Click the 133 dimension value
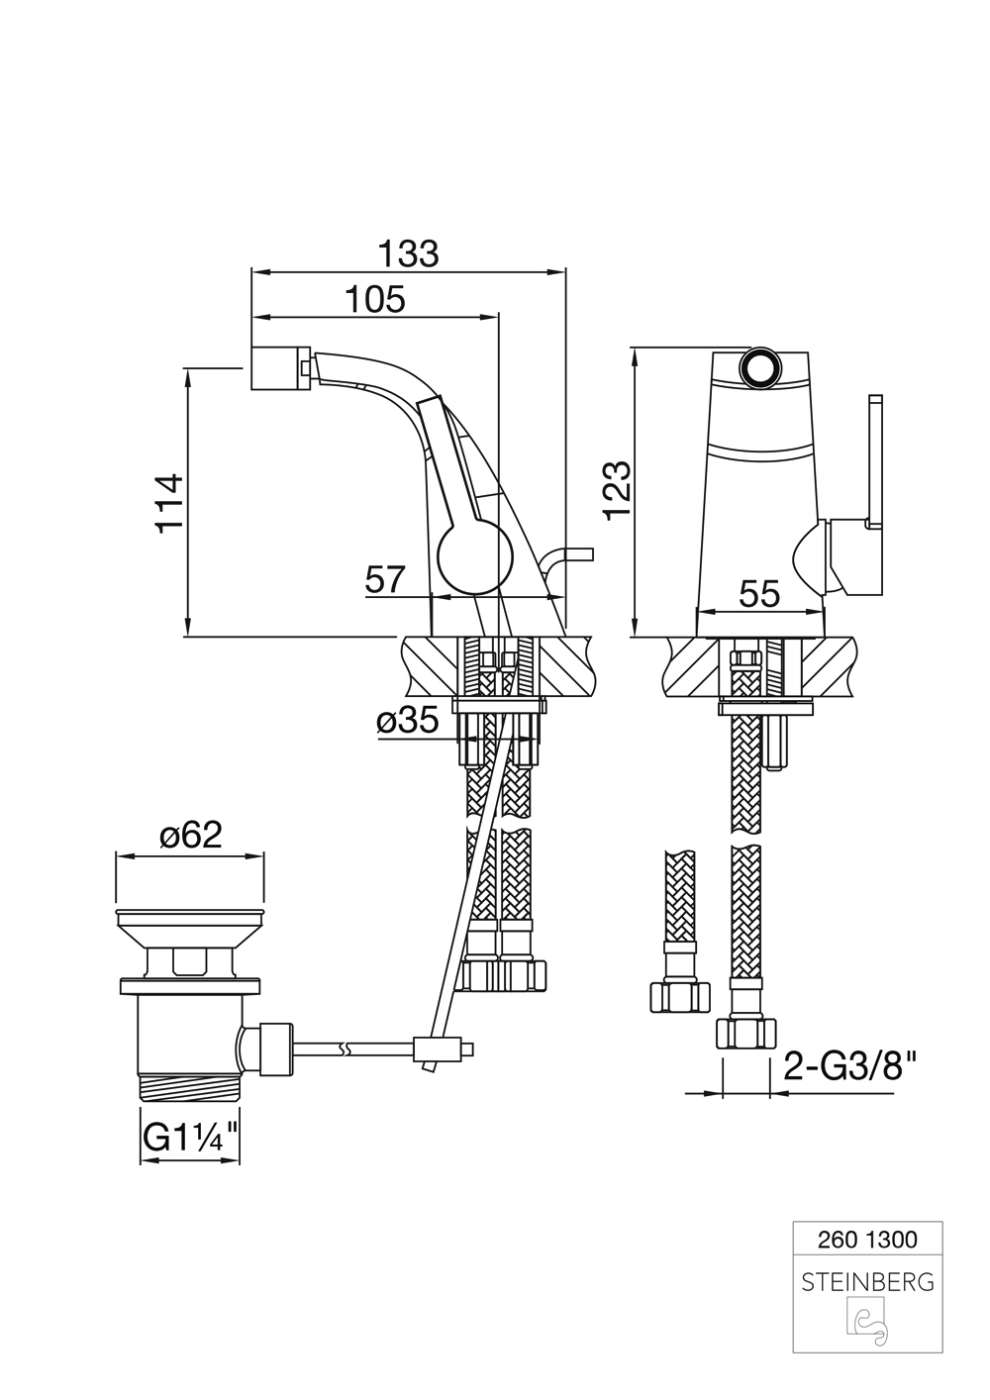point(410,253)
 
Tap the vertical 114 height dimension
point(170,503)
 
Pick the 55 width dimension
point(760,594)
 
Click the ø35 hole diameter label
point(408,723)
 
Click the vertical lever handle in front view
point(874,461)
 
